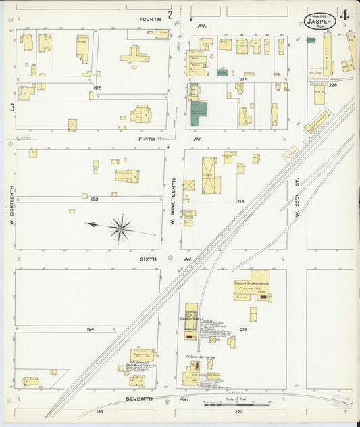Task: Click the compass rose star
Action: click(121, 229)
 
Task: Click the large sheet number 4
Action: click(344, 15)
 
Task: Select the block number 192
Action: click(97, 88)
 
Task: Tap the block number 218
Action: click(240, 201)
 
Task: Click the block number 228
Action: click(332, 85)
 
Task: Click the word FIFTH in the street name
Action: click(147, 139)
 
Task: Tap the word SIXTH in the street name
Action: click(147, 259)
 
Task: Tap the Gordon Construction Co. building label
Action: click(252, 284)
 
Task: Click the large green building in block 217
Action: click(199, 114)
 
